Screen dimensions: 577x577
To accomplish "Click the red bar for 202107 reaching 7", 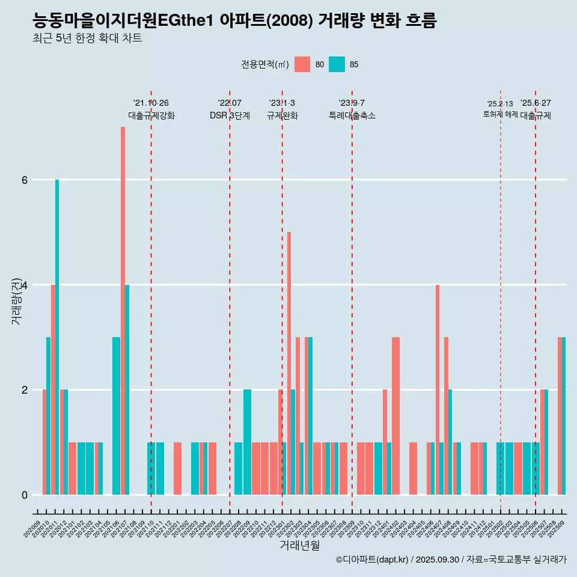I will (x=123, y=311).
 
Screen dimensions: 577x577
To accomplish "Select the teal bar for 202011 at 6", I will (x=57, y=337).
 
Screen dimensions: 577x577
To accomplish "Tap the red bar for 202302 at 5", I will (x=289, y=363).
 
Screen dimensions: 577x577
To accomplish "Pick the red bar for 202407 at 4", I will (x=438, y=389).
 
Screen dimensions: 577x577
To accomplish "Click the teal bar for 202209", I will (x=247, y=442).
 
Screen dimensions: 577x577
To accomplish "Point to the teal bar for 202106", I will (x=116, y=416).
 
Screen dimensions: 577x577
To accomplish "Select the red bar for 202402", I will (x=395, y=416).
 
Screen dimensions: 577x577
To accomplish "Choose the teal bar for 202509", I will (x=564, y=416).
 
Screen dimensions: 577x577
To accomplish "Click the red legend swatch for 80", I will (x=302, y=64).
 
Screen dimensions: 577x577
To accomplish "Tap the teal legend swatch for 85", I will (x=337, y=64).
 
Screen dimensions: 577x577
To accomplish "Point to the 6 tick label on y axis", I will (x=25, y=180).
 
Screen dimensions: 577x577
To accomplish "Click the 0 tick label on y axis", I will (x=25, y=495).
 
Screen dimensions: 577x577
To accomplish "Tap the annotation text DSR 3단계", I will (x=230, y=115).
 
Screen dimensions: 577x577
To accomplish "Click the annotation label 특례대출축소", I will (x=352, y=115).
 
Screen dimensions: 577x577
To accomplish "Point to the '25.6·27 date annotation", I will (x=536, y=103).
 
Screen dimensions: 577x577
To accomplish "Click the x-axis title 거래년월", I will (x=299, y=545).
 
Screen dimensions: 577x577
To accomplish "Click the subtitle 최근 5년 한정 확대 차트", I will (x=88, y=38).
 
